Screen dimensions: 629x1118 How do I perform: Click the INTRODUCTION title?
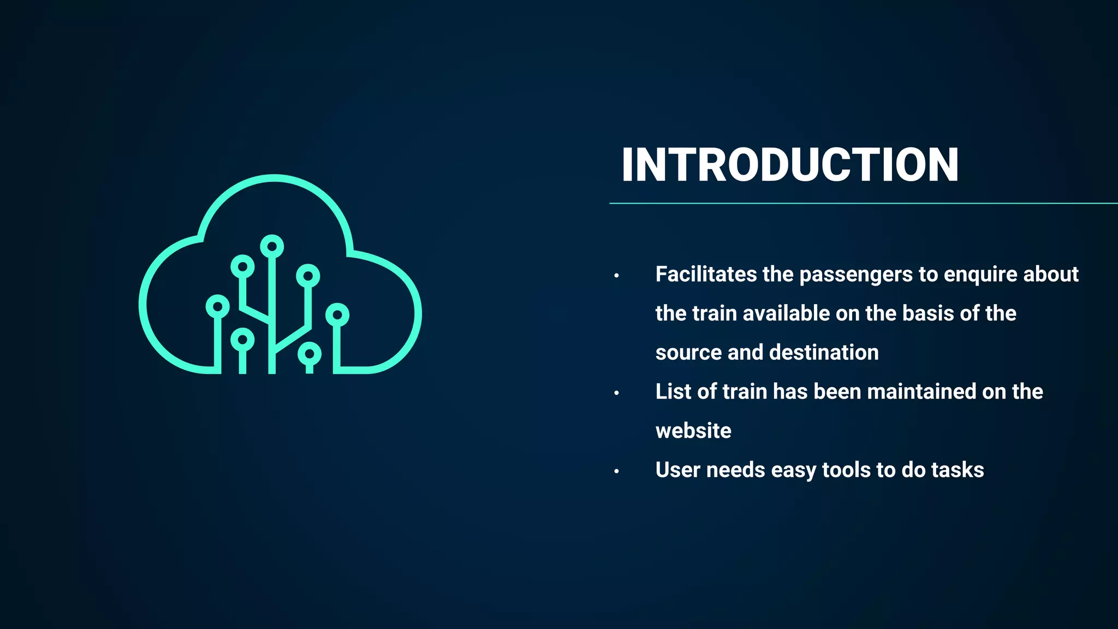point(790,165)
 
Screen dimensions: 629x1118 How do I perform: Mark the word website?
point(693,431)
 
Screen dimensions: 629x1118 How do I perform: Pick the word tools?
point(846,470)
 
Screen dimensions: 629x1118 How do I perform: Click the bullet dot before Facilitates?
point(616,276)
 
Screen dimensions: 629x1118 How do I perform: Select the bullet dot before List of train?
point(616,393)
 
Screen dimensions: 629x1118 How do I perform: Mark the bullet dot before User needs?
point(616,471)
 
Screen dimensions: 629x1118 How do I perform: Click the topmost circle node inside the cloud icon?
point(272,247)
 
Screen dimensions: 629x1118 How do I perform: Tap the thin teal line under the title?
point(863,203)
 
